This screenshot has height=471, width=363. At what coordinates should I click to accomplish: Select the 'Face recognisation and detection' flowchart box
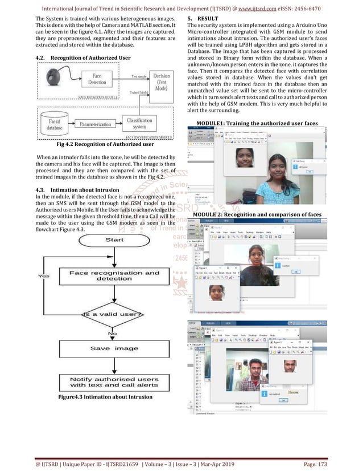(x=114, y=276)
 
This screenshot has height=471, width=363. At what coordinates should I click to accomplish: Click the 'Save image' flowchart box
(x=114, y=348)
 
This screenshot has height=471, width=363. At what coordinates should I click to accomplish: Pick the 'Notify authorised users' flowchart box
(x=114, y=382)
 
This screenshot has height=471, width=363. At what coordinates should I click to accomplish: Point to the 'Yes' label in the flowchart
(x=43, y=276)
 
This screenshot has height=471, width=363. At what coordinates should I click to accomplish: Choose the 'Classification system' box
(x=139, y=124)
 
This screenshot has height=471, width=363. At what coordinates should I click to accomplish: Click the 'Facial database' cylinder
(x=55, y=124)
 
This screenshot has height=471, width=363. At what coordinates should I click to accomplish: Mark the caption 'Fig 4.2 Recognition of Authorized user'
(x=97, y=145)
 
